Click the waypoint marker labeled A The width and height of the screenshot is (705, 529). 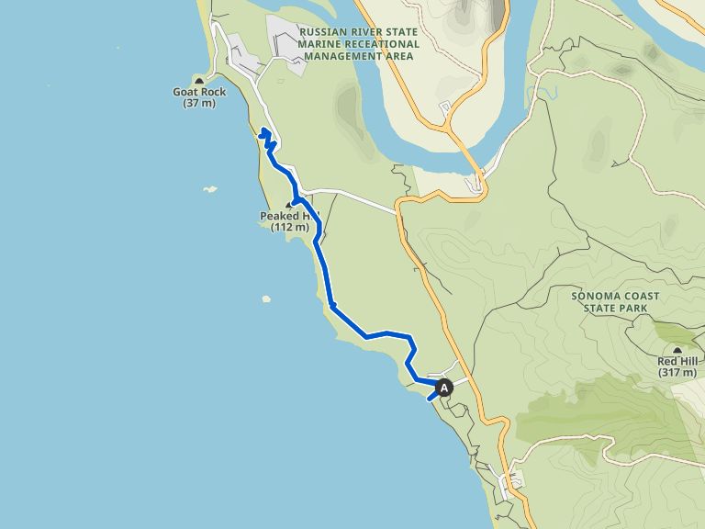(445, 388)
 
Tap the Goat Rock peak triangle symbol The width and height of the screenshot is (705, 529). (199, 82)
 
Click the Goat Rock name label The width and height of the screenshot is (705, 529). (199, 92)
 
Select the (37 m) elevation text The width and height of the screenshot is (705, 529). (199, 104)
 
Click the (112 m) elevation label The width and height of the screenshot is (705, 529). (290, 227)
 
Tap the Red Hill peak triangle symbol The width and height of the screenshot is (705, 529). (677, 350)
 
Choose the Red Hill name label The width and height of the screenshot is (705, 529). (677, 361)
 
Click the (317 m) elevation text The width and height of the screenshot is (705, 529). (677, 373)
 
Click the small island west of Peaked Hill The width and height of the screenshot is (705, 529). (210, 189)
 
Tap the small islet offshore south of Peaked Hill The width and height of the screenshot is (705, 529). (266, 298)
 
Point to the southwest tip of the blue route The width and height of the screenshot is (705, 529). (429, 399)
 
